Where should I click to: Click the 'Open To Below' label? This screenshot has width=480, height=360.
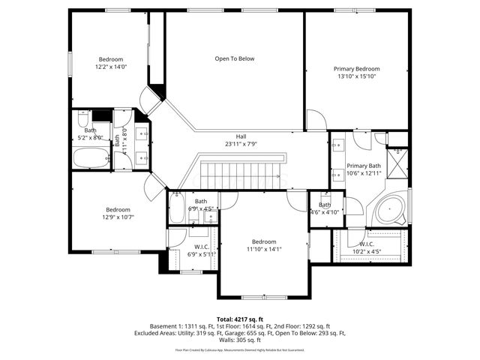234,58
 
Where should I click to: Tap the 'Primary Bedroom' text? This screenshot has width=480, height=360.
356,68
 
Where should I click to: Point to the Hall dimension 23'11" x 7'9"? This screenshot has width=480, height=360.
241,145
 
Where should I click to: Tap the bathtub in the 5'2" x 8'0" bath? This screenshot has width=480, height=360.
91,158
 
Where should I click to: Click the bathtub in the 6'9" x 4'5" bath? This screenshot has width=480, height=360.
177,208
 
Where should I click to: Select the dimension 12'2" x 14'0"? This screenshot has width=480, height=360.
110,67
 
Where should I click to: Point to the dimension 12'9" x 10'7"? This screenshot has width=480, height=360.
118,218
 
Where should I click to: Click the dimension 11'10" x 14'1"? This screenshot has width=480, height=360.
263,249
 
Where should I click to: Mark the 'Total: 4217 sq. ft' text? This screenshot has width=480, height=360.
240,319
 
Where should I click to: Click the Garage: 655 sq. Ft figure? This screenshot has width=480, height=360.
263,333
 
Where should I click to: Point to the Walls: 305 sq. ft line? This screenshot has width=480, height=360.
240,340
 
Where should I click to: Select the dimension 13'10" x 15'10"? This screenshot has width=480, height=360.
356,76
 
